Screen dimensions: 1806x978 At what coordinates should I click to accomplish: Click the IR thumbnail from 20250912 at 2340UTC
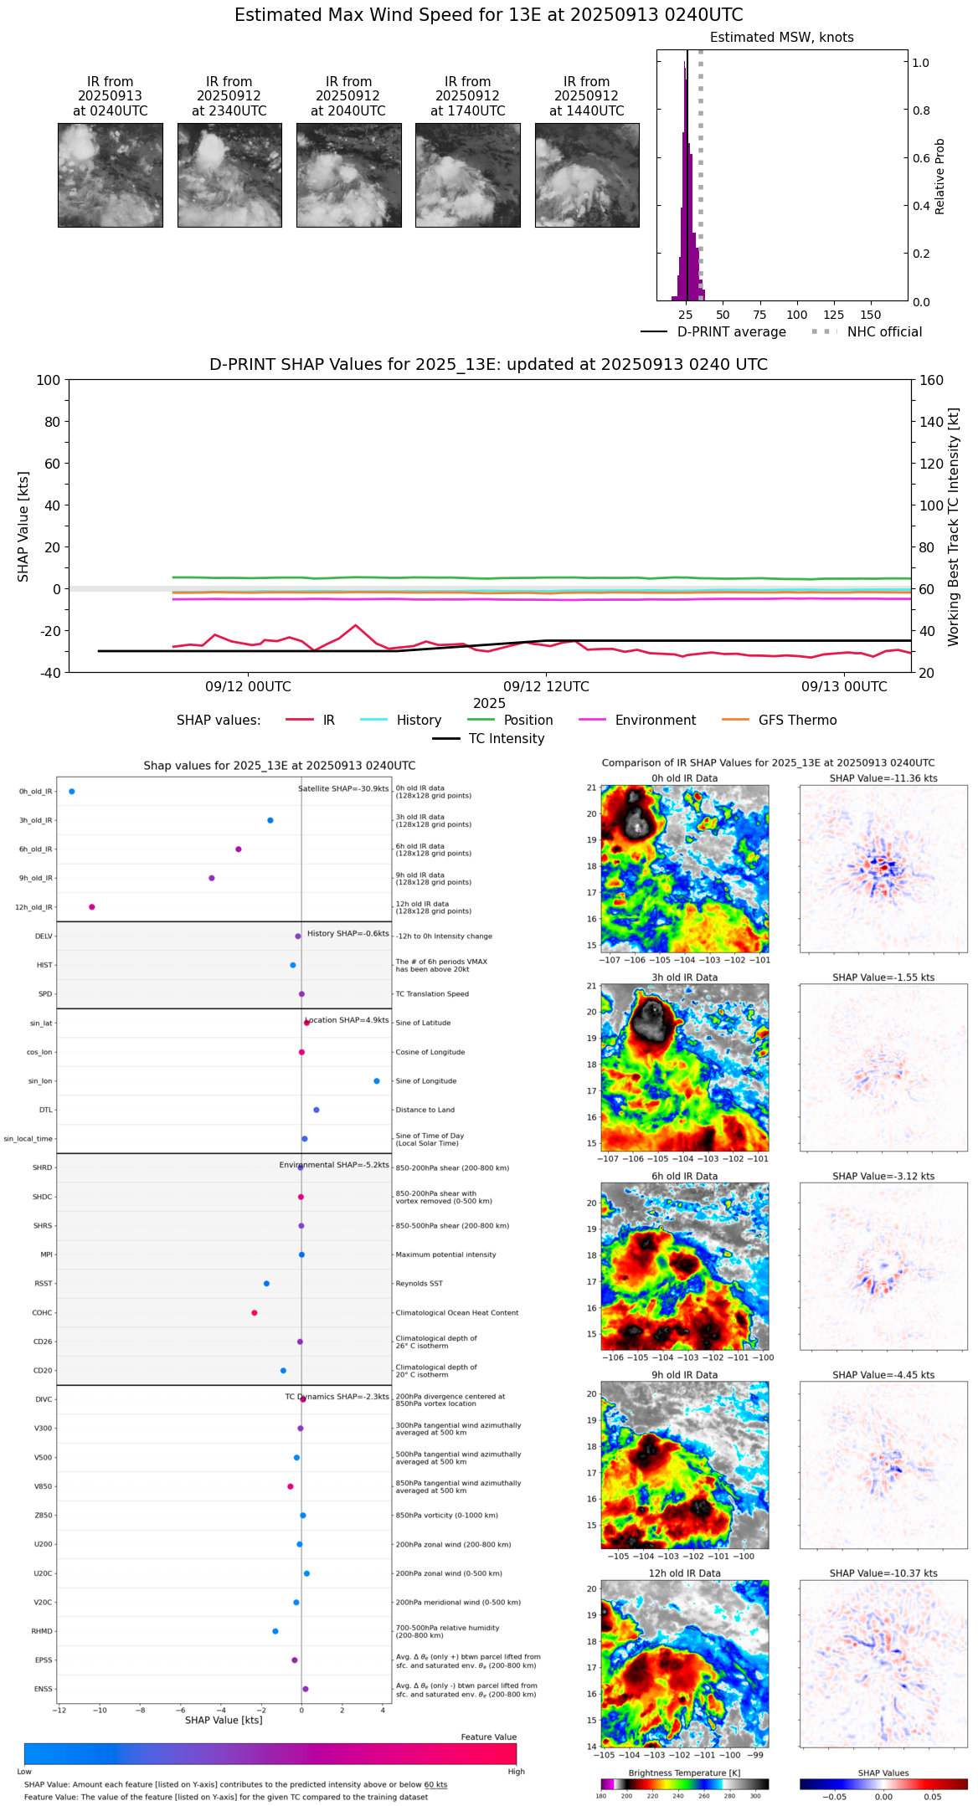[229, 175]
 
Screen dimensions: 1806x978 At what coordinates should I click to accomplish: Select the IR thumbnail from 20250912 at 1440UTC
[587, 175]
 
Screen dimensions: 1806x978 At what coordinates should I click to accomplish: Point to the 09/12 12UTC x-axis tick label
[546, 687]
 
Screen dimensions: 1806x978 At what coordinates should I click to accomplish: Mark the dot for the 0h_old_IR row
[72, 792]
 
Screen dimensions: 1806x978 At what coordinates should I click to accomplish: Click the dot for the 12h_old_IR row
[92, 907]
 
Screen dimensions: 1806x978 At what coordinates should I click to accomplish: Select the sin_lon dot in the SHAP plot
[377, 1081]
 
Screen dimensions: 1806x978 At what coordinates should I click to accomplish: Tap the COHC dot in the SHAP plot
[255, 1313]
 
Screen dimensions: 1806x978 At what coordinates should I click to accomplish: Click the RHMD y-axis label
[42, 1631]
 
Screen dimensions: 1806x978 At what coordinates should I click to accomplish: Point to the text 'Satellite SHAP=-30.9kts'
[343, 789]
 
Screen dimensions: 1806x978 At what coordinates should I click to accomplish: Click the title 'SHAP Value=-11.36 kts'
[883, 778]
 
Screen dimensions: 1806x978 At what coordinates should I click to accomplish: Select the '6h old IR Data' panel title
[684, 1176]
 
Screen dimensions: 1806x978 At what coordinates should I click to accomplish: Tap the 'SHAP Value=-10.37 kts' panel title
[883, 1573]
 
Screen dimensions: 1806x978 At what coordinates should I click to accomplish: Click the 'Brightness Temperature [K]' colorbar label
[684, 1773]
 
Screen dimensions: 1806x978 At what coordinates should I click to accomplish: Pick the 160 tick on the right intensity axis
[931, 381]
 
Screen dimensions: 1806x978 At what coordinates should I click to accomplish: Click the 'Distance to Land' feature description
[425, 1111]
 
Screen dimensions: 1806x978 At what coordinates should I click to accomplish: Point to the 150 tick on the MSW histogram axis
[871, 316]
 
